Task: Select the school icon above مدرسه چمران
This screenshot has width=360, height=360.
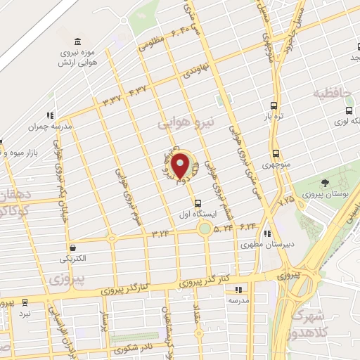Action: click(x=50, y=115)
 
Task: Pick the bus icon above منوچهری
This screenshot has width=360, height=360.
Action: click(x=274, y=153)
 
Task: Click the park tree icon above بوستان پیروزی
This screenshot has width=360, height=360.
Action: click(x=324, y=184)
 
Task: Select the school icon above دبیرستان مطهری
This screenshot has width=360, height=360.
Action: click(x=267, y=234)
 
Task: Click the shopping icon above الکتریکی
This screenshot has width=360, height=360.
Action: click(x=73, y=247)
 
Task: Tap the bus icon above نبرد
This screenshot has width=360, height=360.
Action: click(x=25, y=302)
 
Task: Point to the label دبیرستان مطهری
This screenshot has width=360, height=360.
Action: click(x=259, y=245)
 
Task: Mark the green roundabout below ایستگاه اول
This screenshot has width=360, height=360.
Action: click(x=204, y=229)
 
